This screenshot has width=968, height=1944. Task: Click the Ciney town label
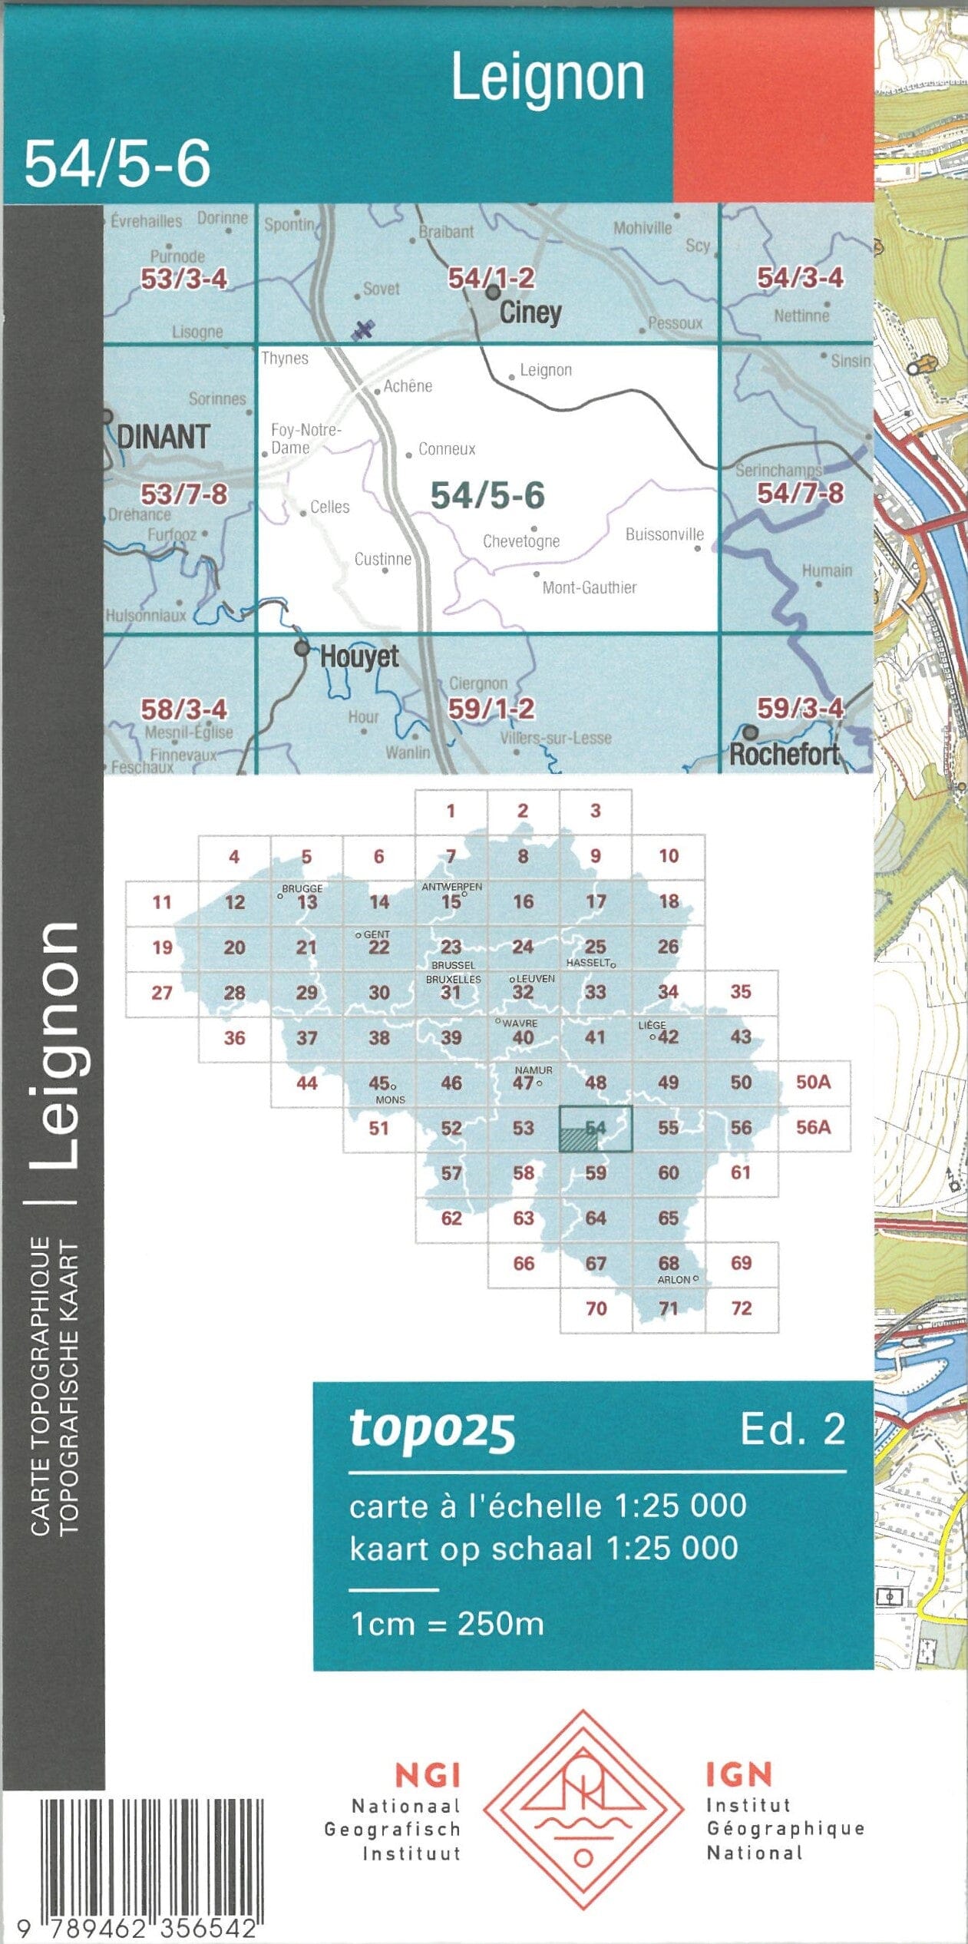[x=530, y=312]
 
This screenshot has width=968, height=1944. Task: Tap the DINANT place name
[x=163, y=437]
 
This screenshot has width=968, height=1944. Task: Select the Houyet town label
[x=358, y=657]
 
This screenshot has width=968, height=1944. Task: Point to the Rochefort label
[x=784, y=754]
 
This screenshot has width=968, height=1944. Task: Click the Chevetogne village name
[x=520, y=541]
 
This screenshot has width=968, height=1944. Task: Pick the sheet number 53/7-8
[x=183, y=494]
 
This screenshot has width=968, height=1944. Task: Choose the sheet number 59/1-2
[x=491, y=708]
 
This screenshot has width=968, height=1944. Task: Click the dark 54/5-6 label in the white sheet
[x=487, y=495]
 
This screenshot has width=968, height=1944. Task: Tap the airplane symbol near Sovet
[x=363, y=329]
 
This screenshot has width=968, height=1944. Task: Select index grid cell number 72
[x=741, y=1308]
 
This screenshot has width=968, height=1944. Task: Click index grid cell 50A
[x=813, y=1083]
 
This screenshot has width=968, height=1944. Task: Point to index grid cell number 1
[x=451, y=811]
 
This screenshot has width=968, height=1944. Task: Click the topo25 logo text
[x=431, y=1430]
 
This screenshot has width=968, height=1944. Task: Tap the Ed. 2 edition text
[x=792, y=1429]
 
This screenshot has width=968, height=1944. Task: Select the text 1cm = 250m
[x=447, y=1624]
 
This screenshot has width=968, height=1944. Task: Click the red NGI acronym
[x=427, y=1776]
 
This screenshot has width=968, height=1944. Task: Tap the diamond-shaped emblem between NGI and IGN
[x=583, y=1810]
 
